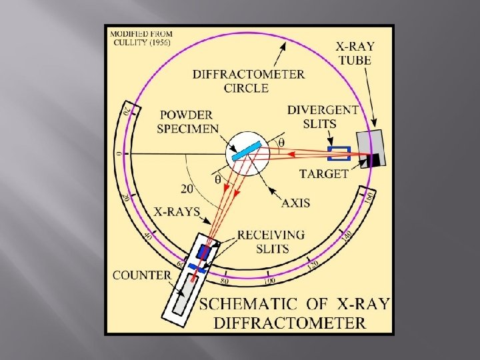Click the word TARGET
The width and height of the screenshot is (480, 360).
point(325,174)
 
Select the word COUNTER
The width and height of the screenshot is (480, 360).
point(142,275)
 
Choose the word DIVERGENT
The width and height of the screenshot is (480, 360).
point(323,109)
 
